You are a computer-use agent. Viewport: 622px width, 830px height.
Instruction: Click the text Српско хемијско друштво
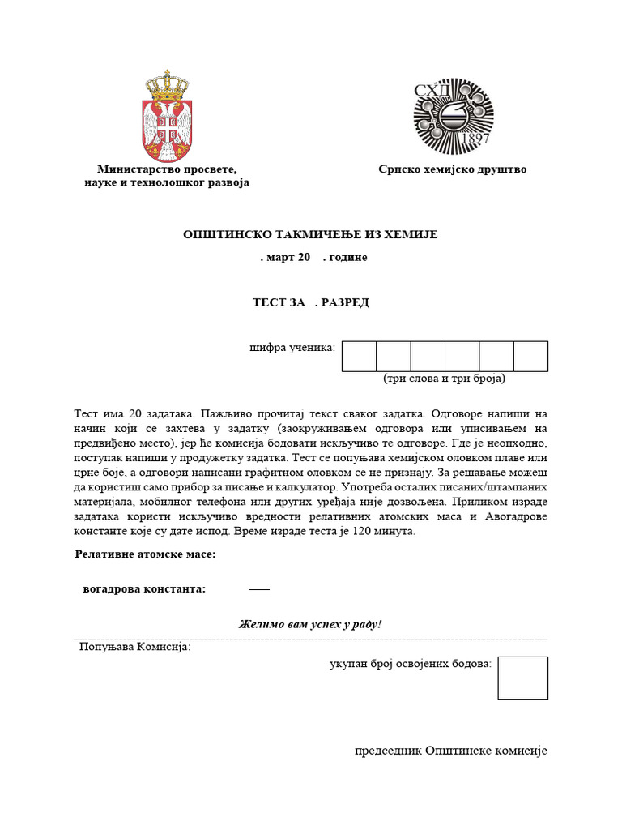(452, 169)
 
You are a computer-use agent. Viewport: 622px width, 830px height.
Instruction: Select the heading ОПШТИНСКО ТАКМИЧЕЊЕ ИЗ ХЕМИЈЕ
(310, 234)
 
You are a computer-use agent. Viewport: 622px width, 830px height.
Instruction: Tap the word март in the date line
(280, 257)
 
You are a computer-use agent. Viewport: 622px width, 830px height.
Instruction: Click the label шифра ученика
(292, 348)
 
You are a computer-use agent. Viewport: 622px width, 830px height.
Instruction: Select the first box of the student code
(359, 356)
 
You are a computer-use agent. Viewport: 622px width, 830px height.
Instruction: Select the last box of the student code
(530, 356)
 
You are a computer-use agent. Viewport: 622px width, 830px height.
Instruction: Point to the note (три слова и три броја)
(444, 379)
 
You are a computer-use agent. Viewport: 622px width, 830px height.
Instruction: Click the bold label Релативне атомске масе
(145, 554)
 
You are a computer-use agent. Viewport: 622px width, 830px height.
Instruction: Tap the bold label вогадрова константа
(144, 588)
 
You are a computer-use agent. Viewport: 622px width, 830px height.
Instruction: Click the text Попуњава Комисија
(134, 647)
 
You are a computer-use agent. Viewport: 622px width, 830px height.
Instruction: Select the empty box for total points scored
(522, 678)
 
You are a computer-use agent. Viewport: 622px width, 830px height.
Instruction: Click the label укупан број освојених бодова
(410, 664)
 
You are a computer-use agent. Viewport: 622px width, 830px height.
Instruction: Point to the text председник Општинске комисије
(451, 751)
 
